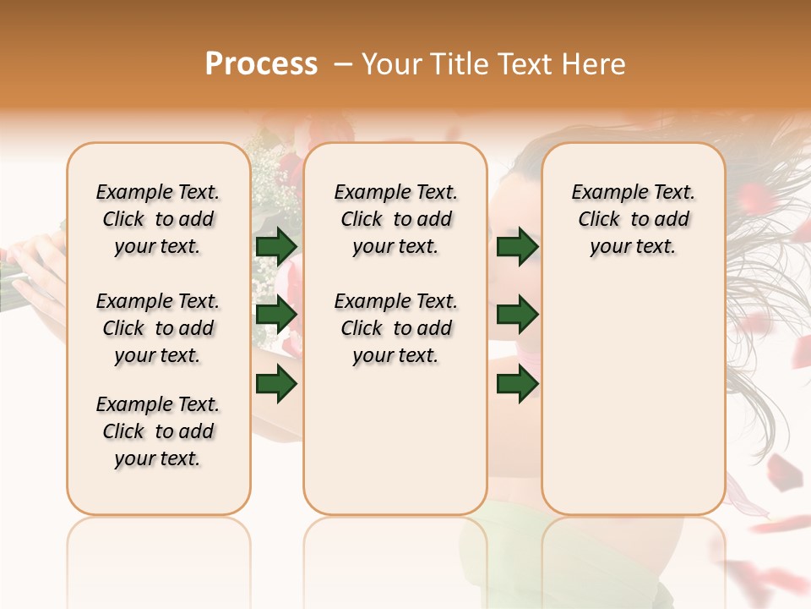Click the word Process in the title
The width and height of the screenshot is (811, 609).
tap(261, 63)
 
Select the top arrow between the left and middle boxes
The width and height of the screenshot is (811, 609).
tap(276, 246)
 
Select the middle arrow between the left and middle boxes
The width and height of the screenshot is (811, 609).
tap(276, 315)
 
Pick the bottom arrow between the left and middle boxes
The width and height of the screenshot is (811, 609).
tap(276, 384)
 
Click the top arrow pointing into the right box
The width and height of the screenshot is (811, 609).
tap(518, 246)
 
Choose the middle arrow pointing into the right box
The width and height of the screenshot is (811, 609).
tap(518, 315)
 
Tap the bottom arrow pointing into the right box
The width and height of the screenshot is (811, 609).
tap(518, 384)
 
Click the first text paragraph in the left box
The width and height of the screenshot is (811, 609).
tap(158, 219)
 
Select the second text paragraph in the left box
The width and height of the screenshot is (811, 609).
tap(158, 328)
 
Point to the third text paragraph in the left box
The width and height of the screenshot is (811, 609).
tap(158, 431)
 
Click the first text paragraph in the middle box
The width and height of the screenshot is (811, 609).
tap(395, 219)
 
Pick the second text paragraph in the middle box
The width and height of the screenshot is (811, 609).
tap(395, 328)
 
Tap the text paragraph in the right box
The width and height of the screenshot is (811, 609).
tap(634, 219)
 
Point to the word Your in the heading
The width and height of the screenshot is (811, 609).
tap(390, 63)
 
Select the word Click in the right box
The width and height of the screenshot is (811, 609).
tap(599, 220)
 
